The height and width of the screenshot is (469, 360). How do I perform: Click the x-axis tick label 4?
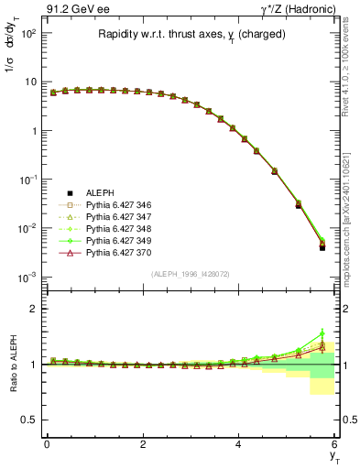point(239,443)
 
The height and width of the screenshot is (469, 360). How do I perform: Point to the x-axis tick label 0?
point(47,443)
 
